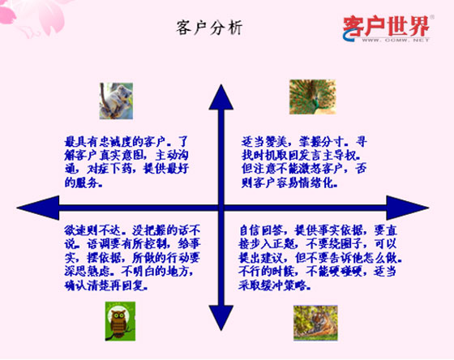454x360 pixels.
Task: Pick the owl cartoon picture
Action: click(x=119, y=319)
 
